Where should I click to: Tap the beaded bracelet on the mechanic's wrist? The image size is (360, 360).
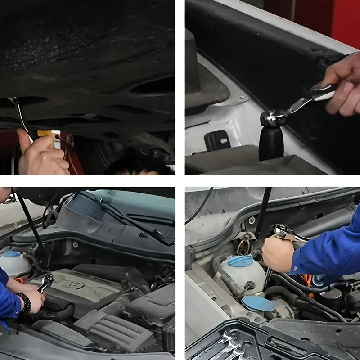24,303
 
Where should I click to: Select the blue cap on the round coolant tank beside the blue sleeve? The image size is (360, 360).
240,260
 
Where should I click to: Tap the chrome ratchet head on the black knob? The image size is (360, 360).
273,117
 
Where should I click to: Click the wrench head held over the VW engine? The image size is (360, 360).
46,282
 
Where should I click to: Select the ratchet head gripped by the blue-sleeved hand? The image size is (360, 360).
283,232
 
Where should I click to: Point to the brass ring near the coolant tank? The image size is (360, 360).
243,246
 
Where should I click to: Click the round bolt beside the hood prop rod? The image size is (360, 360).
252,220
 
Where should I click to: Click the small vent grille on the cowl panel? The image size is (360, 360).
143,235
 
